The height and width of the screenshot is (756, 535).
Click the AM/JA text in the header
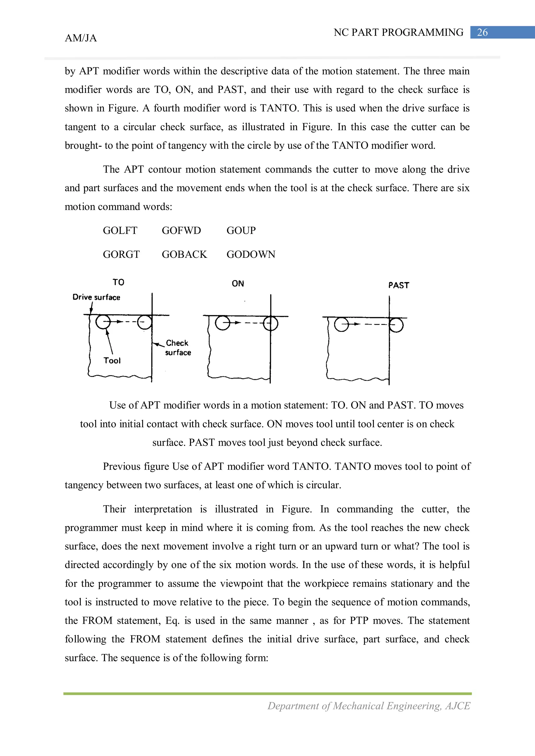(81, 38)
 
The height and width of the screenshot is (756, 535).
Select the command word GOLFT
(120, 230)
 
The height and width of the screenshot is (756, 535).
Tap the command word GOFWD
(181, 230)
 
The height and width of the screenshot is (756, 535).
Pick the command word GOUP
(241, 230)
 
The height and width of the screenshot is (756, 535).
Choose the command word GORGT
(121, 254)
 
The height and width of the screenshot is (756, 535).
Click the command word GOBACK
(184, 254)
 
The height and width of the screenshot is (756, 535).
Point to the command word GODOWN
(251, 254)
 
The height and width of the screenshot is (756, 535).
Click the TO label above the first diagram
(118, 282)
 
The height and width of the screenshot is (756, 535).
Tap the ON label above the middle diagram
(238, 283)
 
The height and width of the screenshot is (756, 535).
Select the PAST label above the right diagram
(399, 285)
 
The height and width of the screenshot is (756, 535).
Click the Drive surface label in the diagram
(96, 297)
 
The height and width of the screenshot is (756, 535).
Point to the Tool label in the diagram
(112, 361)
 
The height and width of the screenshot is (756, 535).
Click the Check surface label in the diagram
(178, 348)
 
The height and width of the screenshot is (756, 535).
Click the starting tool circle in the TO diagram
(103, 322)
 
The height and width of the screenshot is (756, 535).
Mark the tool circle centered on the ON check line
(271, 323)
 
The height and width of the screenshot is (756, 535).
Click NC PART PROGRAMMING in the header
(398, 32)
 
